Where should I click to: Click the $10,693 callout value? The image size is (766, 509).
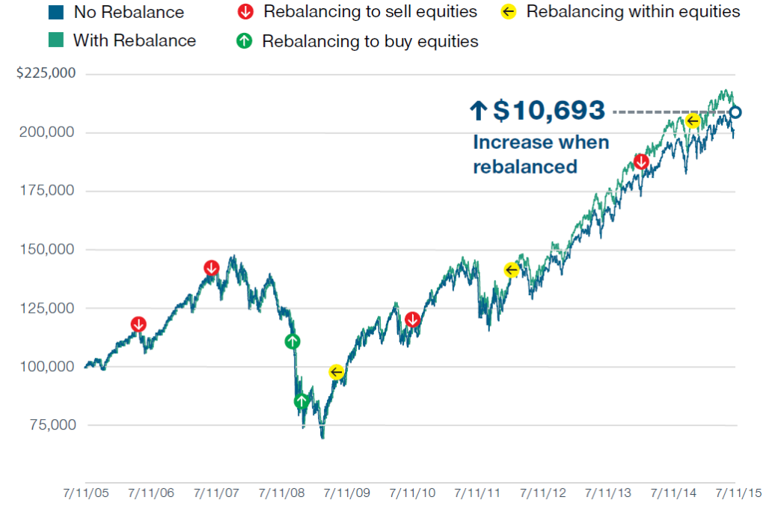(548, 111)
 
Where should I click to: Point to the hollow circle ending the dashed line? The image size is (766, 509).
(735, 112)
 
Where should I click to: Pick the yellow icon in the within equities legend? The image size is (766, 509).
(509, 13)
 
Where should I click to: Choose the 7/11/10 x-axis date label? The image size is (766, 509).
(413, 493)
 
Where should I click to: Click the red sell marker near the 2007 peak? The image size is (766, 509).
(212, 268)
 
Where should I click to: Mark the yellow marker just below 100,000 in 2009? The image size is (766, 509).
(337, 372)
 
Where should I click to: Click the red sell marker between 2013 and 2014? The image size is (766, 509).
(641, 162)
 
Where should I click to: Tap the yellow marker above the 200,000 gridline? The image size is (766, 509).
(693, 121)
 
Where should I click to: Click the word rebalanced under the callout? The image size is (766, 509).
(524, 166)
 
